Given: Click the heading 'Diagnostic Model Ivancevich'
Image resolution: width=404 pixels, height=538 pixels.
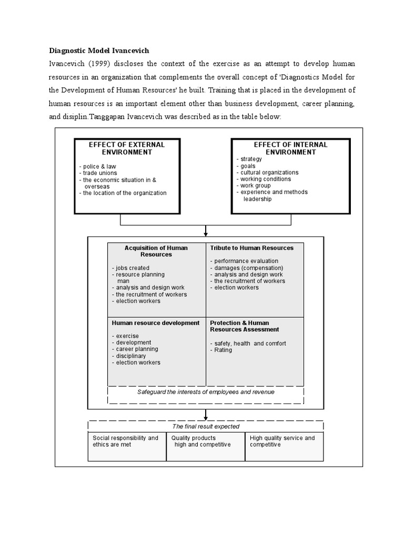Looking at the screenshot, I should coord(99,51).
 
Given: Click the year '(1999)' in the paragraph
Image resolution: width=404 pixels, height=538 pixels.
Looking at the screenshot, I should coord(102,64).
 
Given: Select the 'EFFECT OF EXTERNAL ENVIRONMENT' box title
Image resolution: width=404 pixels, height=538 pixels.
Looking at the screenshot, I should coord(127,148).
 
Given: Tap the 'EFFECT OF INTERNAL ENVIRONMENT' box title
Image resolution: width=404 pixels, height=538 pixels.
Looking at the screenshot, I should coord(290,148).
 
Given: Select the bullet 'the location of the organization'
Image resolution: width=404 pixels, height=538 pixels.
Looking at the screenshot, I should coord(123,193).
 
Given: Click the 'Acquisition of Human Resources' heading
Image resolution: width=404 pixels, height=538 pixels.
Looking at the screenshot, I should coord(156,251).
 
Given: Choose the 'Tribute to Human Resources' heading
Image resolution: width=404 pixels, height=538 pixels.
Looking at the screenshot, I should coord(251,248).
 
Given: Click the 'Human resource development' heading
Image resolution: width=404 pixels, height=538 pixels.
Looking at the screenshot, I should coord(156,323).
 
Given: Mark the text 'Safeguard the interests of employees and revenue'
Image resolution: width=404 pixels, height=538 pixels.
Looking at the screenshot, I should coord(206,392).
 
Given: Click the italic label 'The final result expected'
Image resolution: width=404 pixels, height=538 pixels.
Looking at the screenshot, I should coord(206,427).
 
